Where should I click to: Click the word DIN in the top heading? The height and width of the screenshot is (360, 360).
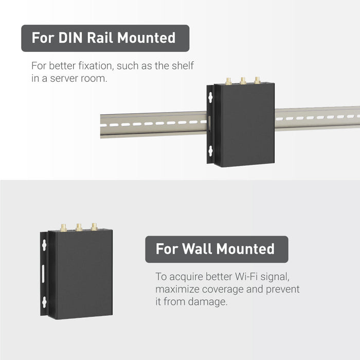(x=70, y=38)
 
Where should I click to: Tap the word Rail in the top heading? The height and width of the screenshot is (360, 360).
(x=100, y=38)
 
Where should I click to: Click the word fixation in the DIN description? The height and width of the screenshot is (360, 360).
(x=96, y=66)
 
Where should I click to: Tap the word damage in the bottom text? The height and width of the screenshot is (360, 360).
(x=208, y=301)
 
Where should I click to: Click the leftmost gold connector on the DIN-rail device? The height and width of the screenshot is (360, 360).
(x=228, y=81)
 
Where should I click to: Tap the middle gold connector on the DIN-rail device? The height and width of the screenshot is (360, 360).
(x=243, y=81)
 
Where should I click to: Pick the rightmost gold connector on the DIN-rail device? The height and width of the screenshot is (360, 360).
(x=257, y=80)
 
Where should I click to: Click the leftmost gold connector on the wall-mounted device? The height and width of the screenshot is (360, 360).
(x=63, y=228)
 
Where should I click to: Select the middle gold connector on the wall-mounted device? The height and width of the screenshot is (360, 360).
(x=79, y=227)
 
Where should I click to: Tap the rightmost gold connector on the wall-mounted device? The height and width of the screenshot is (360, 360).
(x=94, y=227)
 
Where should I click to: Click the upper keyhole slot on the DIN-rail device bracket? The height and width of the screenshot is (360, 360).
(x=210, y=98)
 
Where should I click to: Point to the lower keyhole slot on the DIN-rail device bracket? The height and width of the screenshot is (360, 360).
(x=210, y=151)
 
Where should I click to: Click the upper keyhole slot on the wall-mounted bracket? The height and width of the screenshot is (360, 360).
(x=44, y=245)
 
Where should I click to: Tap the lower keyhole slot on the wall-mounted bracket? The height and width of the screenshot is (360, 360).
(x=44, y=302)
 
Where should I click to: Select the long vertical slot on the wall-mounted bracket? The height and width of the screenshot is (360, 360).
(x=43, y=274)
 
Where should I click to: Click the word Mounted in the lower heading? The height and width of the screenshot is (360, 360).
(x=245, y=248)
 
